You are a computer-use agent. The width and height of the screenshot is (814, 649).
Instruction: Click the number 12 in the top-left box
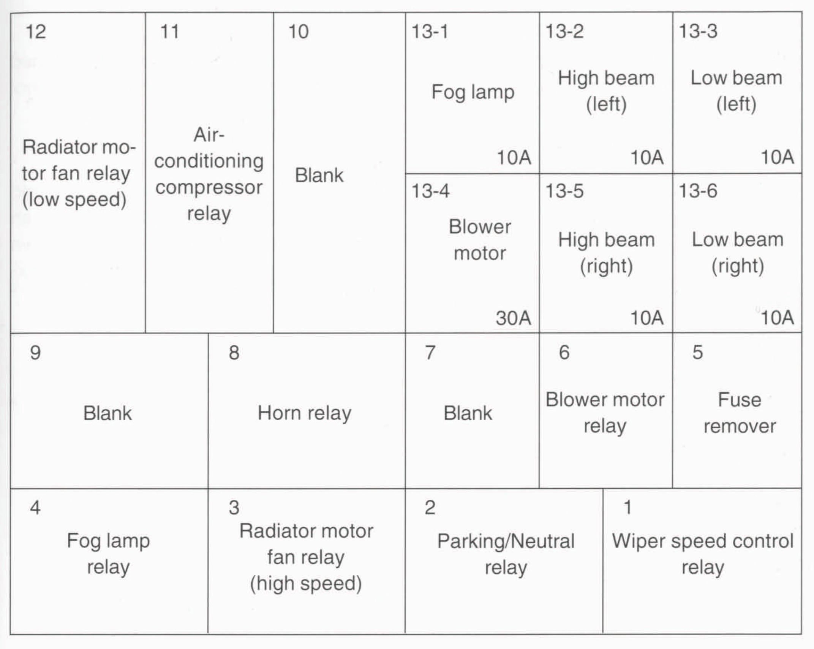36,32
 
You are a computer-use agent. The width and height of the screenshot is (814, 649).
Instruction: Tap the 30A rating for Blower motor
513,318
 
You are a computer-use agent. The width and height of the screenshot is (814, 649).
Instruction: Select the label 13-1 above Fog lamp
430,32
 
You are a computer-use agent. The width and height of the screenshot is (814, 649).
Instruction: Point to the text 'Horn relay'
304,413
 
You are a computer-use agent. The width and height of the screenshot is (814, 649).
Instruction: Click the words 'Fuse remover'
740,413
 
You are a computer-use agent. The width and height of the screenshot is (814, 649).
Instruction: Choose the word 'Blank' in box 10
319,176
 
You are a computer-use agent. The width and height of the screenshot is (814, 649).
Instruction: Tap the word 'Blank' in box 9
107,413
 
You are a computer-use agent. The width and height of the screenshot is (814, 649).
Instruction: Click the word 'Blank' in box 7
468,413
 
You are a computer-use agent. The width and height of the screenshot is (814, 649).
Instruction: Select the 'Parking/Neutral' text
506,541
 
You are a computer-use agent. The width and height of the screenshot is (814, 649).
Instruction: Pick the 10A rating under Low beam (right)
777,318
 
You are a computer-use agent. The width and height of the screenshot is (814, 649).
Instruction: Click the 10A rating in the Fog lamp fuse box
514,157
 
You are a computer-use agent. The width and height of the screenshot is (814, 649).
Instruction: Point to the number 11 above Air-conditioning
169,32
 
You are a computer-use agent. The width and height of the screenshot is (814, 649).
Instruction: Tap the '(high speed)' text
306,584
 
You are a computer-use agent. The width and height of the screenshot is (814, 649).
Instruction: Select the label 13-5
564,191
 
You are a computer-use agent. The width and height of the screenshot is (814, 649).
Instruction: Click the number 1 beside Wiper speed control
627,508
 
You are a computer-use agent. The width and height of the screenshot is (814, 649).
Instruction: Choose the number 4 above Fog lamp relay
35,508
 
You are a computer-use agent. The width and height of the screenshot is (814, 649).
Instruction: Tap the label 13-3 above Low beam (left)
698,32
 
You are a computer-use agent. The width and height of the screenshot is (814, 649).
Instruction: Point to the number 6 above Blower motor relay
564,353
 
